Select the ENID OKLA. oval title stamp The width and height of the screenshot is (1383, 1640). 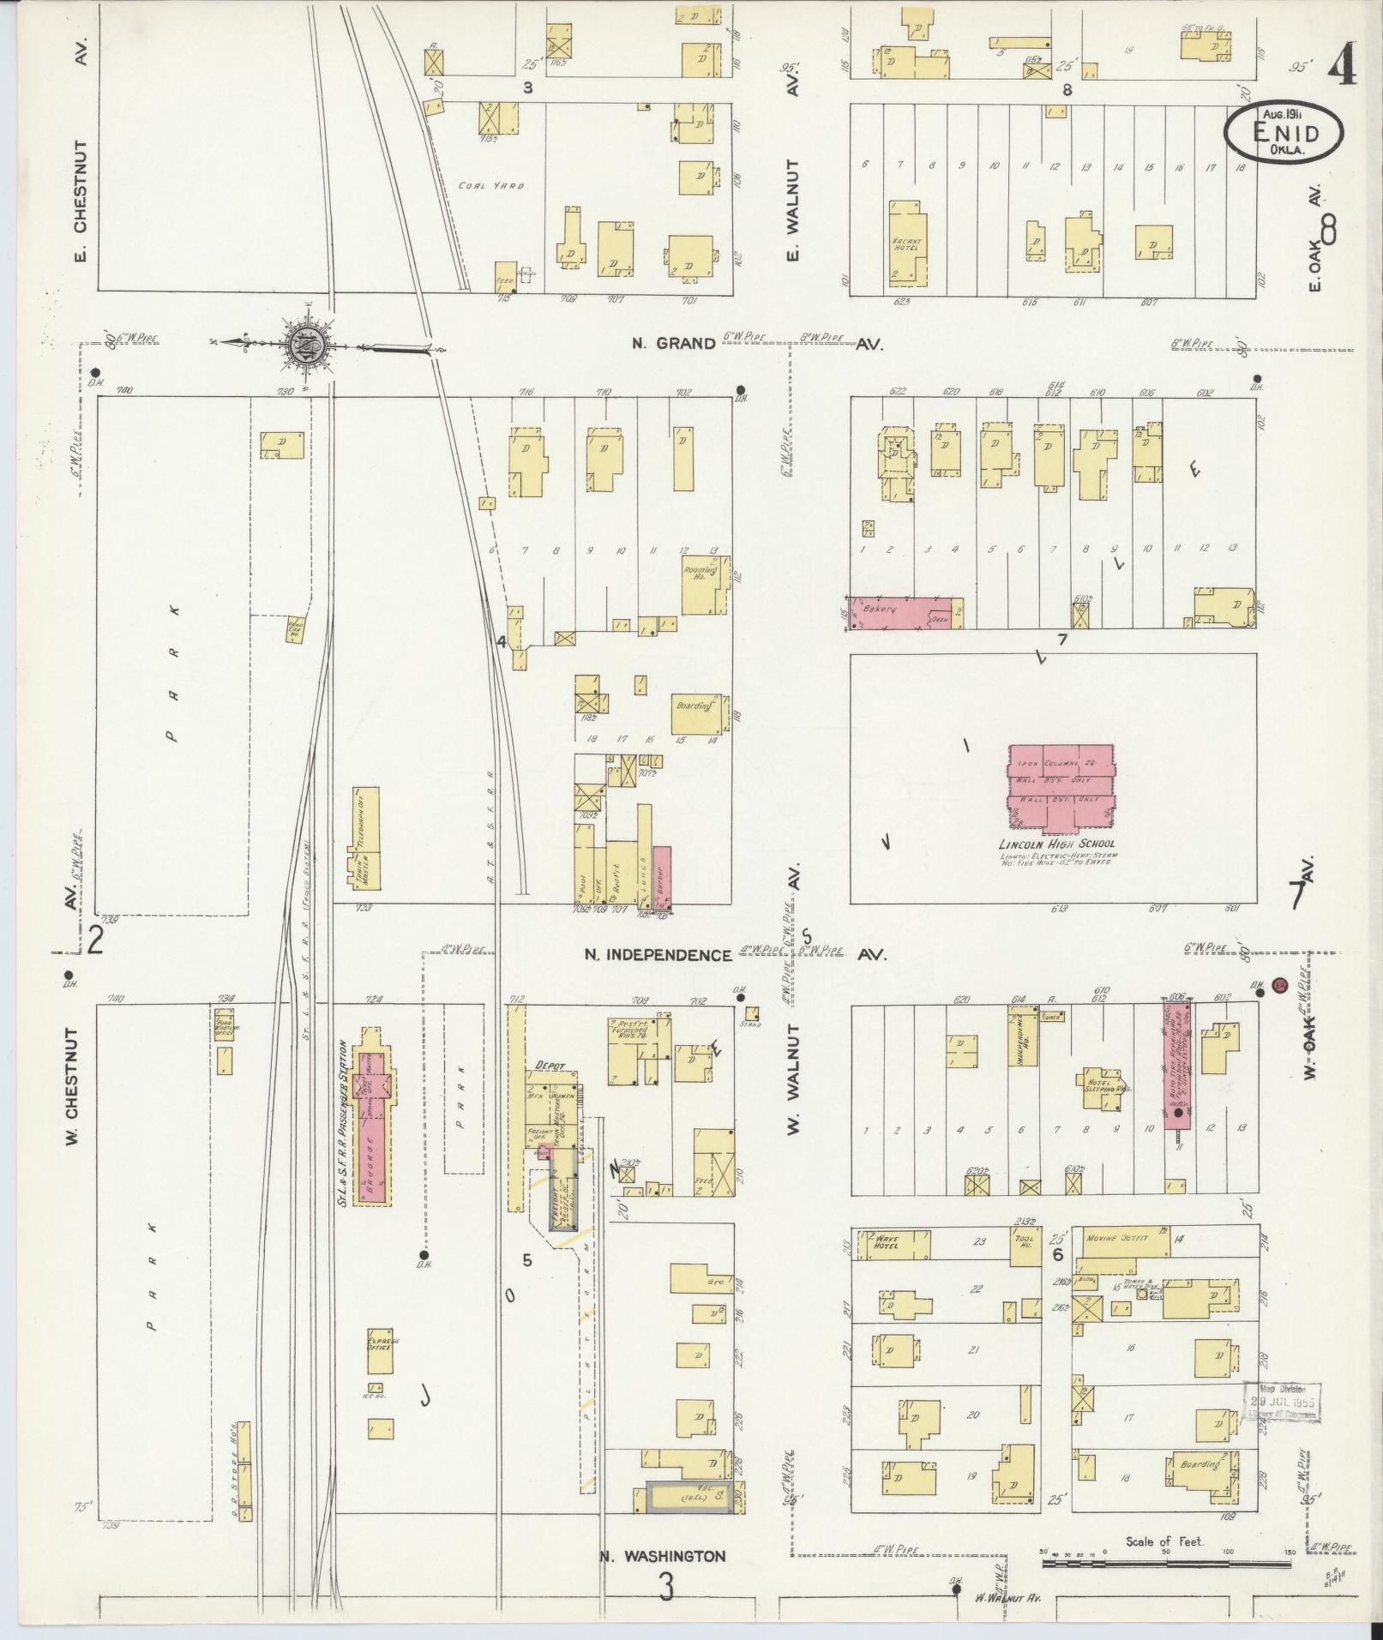click(1283, 133)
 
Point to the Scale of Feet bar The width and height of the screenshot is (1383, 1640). click(1166, 1564)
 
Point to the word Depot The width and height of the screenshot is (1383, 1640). click(552, 1065)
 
